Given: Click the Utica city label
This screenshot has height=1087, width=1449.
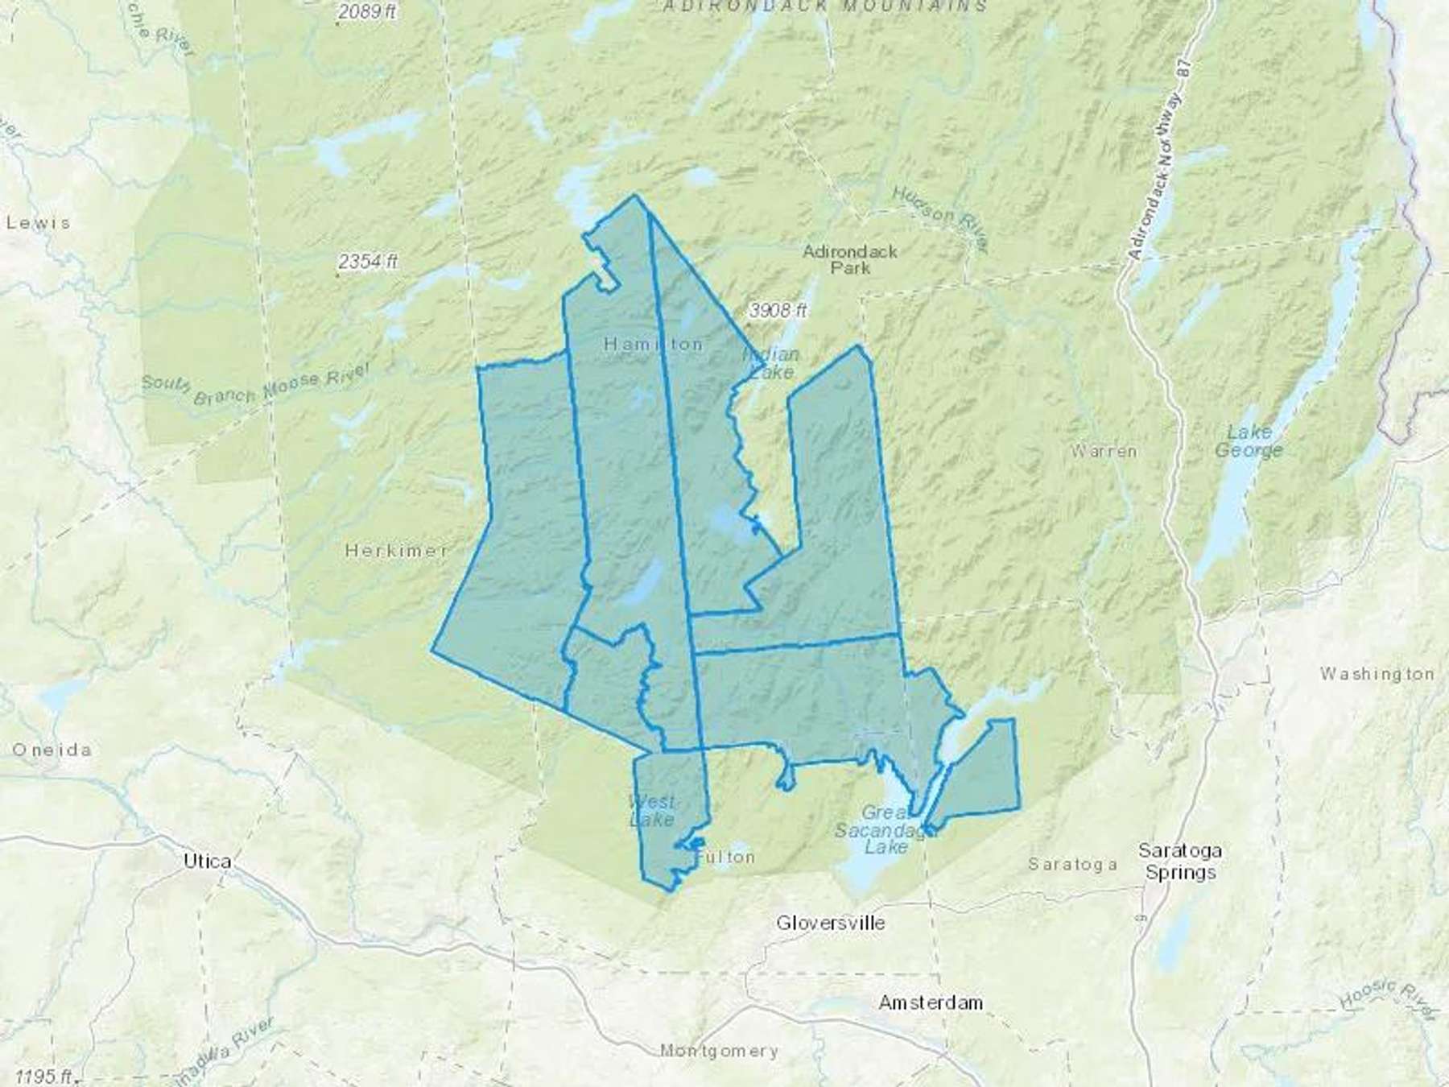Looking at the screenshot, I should coord(207,861).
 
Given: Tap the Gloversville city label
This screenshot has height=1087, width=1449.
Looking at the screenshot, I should coord(830,923).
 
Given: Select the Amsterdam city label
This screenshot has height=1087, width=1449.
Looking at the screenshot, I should coord(931,1002).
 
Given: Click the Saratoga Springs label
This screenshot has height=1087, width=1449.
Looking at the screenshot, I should coord(1180,862).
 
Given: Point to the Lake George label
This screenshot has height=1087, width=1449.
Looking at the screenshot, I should coord(1249,441).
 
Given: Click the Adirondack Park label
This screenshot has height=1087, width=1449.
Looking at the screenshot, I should coord(850,259).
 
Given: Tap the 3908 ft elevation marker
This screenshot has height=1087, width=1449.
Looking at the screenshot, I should coord(777,310).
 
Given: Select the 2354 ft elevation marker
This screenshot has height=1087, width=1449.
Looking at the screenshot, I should coord(368,262).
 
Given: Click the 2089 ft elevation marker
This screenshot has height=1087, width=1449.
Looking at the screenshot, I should coord(368,12).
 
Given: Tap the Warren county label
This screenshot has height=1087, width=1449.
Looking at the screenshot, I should coord(1104,451).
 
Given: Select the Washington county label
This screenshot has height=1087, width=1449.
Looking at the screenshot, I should coord(1376,673).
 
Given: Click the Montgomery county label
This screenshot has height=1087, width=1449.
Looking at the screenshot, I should coord(719,1051).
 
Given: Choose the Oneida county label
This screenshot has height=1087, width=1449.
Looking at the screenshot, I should coord(52,750).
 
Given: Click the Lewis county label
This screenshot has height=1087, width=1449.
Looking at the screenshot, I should coord(38,222).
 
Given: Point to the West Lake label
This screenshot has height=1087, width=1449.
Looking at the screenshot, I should coord(652,811).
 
